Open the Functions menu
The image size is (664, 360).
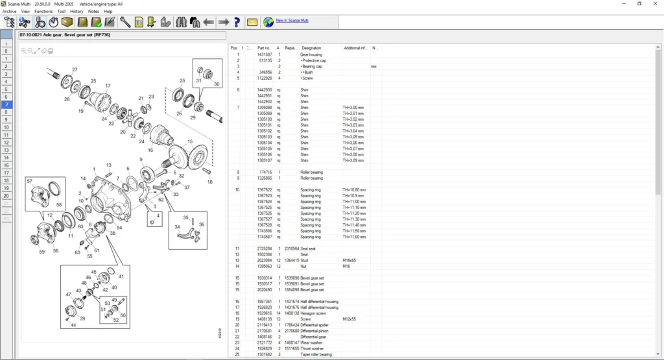(x=43, y=11)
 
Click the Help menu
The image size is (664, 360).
(x=108, y=11)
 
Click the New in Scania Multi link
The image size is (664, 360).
(x=292, y=21)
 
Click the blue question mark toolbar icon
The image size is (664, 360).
(x=237, y=22)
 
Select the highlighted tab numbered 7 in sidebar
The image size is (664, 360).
(x=6, y=104)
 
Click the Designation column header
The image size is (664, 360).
(x=311, y=48)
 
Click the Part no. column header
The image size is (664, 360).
(x=263, y=48)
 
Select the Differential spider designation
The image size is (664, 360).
(x=316, y=325)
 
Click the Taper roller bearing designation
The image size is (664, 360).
(x=316, y=354)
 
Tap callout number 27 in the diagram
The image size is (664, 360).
(x=75, y=69)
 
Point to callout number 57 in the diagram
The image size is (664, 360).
(x=30, y=182)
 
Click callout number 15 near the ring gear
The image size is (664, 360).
(x=190, y=141)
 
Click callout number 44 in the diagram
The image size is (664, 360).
(x=73, y=325)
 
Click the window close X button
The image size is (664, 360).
(x=655, y=4)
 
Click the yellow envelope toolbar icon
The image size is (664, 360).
(x=252, y=22)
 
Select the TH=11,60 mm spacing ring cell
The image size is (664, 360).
(x=354, y=237)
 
